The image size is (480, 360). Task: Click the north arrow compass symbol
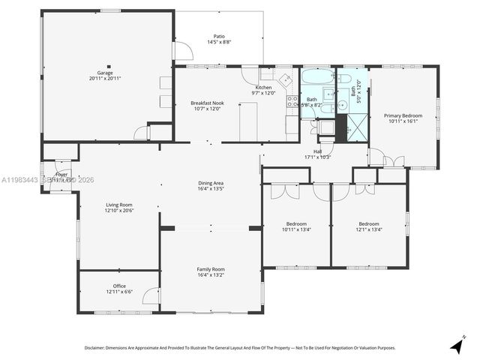coord(455,346)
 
